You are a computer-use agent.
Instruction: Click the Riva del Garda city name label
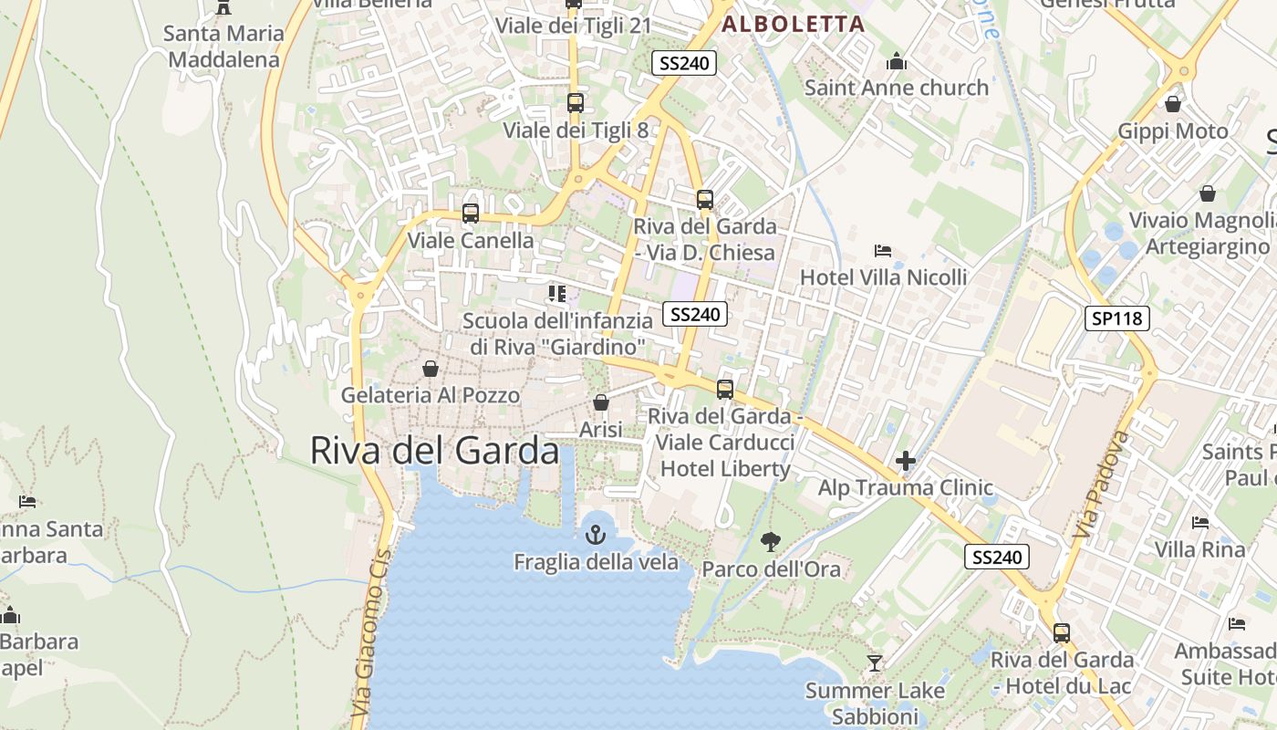tap(434, 451)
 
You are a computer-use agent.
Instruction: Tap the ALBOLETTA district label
tap(793, 25)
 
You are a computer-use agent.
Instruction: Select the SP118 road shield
tap(1116, 318)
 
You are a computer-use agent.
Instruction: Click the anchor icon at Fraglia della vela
tap(596, 535)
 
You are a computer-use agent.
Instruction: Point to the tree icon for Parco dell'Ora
tap(771, 542)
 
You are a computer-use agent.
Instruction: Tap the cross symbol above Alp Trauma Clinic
tap(905, 461)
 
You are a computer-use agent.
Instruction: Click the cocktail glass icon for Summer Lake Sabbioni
tap(875, 663)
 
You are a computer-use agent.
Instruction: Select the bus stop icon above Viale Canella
tap(471, 214)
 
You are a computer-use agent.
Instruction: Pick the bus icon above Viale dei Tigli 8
tap(576, 103)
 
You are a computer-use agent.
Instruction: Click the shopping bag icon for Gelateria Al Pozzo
tap(430, 369)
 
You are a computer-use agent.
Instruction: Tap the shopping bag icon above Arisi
tap(601, 402)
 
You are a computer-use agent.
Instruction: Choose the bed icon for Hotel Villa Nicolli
tap(882, 250)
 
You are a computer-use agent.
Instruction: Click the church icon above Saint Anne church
tap(897, 61)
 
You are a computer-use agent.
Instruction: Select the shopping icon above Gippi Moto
tap(1173, 104)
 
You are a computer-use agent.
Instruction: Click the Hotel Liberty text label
tap(725, 469)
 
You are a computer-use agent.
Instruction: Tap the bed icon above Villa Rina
tap(1199, 523)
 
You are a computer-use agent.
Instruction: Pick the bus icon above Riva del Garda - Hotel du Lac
tap(1062, 632)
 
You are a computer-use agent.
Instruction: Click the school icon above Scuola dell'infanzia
tap(556, 294)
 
